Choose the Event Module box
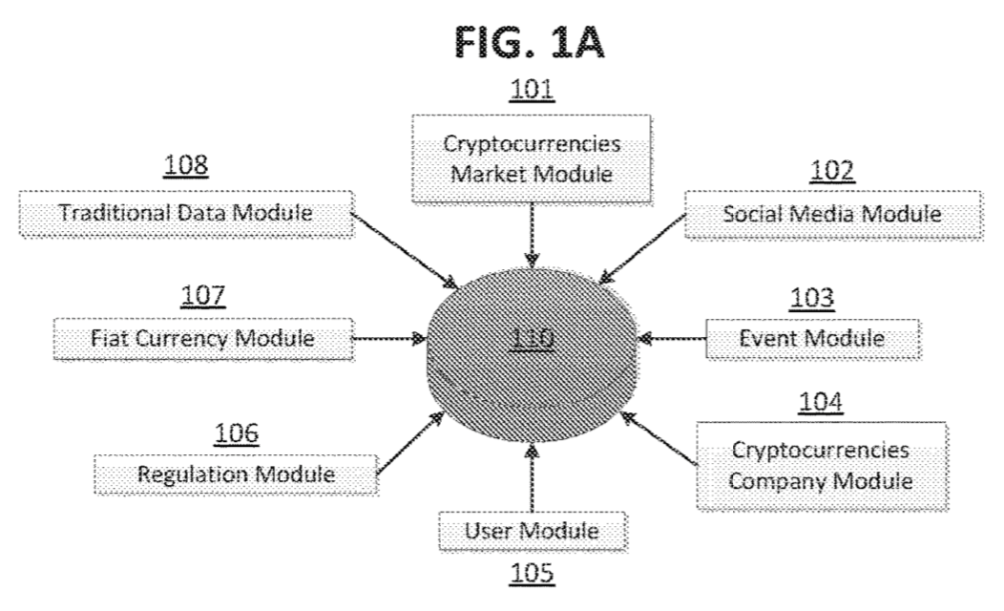point(811,337)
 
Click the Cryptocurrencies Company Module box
point(820,463)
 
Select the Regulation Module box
point(235,473)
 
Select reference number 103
point(811,298)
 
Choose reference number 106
point(235,433)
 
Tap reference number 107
point(204,297)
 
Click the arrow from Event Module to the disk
point(673,337)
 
